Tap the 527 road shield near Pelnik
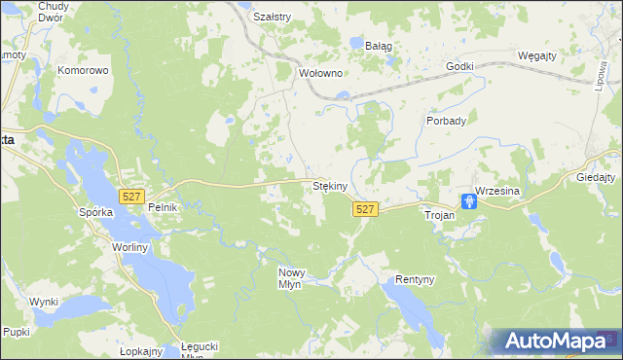point(131,197)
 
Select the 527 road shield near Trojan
point(365,209)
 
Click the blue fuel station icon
point(469,201)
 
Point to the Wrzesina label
point(498,192)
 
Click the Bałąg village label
point(378,45)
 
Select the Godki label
point(458,66)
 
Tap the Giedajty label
point(596,178)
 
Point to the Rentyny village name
point(414,279)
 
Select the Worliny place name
point(128,247)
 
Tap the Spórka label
point(96,211)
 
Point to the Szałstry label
point(272,17)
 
